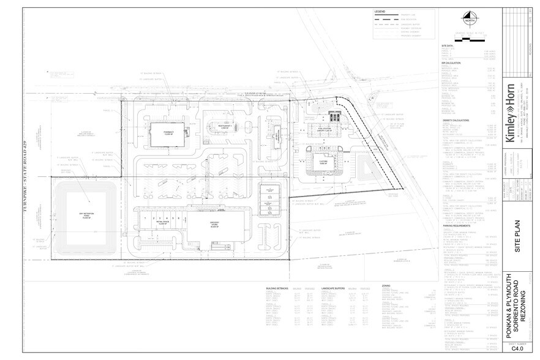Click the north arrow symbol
pos(470,18)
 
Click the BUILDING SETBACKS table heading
pos(277,287)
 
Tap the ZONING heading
pos(386,286)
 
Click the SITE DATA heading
pos(447,46)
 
